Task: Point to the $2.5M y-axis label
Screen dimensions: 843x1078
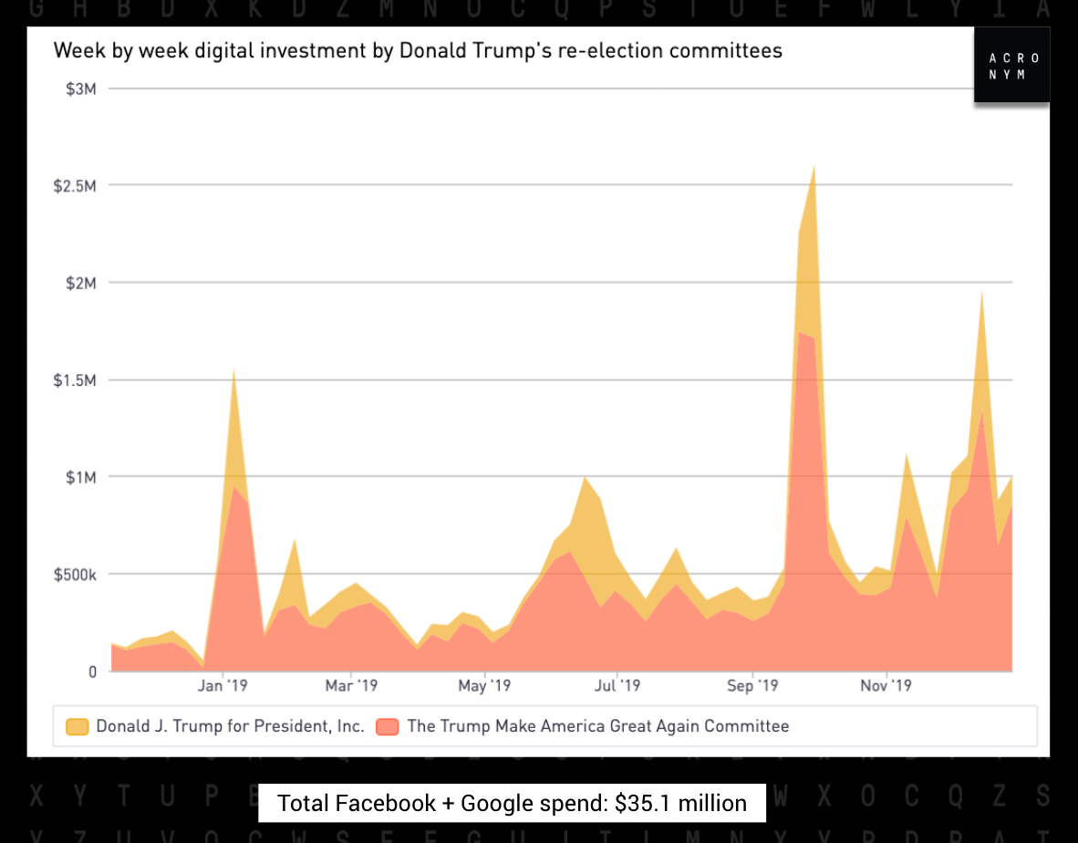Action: [x=76, y=185]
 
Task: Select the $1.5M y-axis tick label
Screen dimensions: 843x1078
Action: [x=76, y=380]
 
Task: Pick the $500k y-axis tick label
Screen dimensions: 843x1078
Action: [x=74, y=574]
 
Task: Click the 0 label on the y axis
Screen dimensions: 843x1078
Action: [x=92, y=671]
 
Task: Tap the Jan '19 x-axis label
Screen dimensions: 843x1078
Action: [x=223, y=685]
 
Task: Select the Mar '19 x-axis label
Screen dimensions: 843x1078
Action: [x=351, y=685]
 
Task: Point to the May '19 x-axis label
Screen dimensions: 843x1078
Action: [x=484, y=685]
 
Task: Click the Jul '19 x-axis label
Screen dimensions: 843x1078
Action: [x=617, y=685]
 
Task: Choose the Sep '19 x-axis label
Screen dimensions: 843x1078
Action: [x=752, y=685]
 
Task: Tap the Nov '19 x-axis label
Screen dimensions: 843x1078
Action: [x=886, y=685]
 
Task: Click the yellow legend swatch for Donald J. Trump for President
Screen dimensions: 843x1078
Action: [x=78, y=727]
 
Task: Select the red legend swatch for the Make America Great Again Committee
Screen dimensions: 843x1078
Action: [x=388, y=727]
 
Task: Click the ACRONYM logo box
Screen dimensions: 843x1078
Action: [x=1011, y=66]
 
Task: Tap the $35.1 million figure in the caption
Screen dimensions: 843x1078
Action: [x=680, y=803]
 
